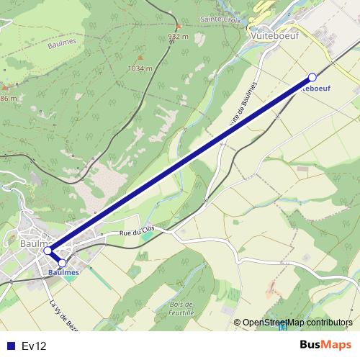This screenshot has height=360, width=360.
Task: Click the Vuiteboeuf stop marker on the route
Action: click(312, 77)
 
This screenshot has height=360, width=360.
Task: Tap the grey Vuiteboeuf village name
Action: click(272, 34)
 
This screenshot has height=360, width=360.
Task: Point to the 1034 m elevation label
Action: click(140, 69)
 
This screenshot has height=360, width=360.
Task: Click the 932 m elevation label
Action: click(177, 35)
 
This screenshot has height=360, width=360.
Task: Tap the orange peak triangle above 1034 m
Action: click(140, 58)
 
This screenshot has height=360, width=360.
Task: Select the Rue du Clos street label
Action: click(137, 233)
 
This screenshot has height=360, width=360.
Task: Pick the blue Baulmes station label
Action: click(63, 273)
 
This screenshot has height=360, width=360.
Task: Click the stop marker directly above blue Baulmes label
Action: click(62, 263)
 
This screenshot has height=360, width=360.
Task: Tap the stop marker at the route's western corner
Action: click(48, 251)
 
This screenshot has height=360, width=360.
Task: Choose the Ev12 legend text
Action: click(34, 346)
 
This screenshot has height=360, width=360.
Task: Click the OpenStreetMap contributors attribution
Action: click(297, 323)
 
